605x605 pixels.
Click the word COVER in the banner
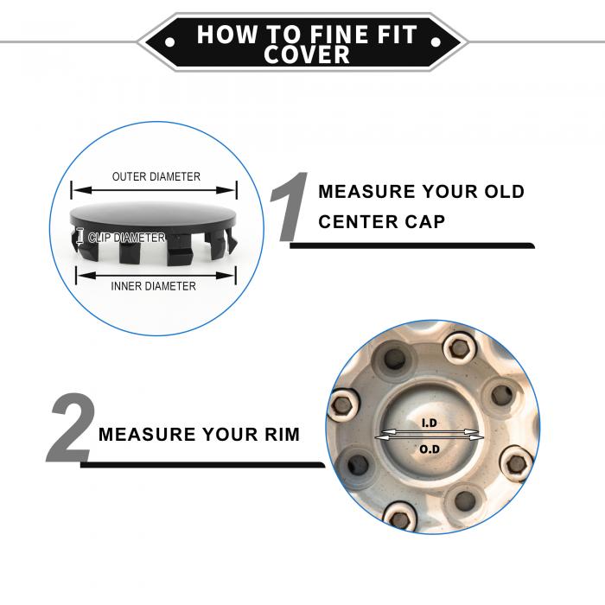(x=307, y=54)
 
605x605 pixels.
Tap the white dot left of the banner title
(x=169, y=41)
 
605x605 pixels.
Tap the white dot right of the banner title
(x=436, y=41)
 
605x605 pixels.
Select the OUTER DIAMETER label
(x=156, y=176)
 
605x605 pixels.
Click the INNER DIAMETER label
(x=153, y=286)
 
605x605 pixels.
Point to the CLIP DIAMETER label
(x=126, y=238)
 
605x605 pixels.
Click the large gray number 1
(x=289, y=207)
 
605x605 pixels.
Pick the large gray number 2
(x=72, y=428)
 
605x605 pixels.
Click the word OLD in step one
(x=504, y=192)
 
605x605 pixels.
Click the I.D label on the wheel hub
(x=429, y=423)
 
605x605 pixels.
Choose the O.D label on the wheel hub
(x=430, y=449)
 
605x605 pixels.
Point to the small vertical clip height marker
(x=80, y=236)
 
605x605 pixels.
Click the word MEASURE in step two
(x=147, y=435)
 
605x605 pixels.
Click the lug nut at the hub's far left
(x=342, y=406)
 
